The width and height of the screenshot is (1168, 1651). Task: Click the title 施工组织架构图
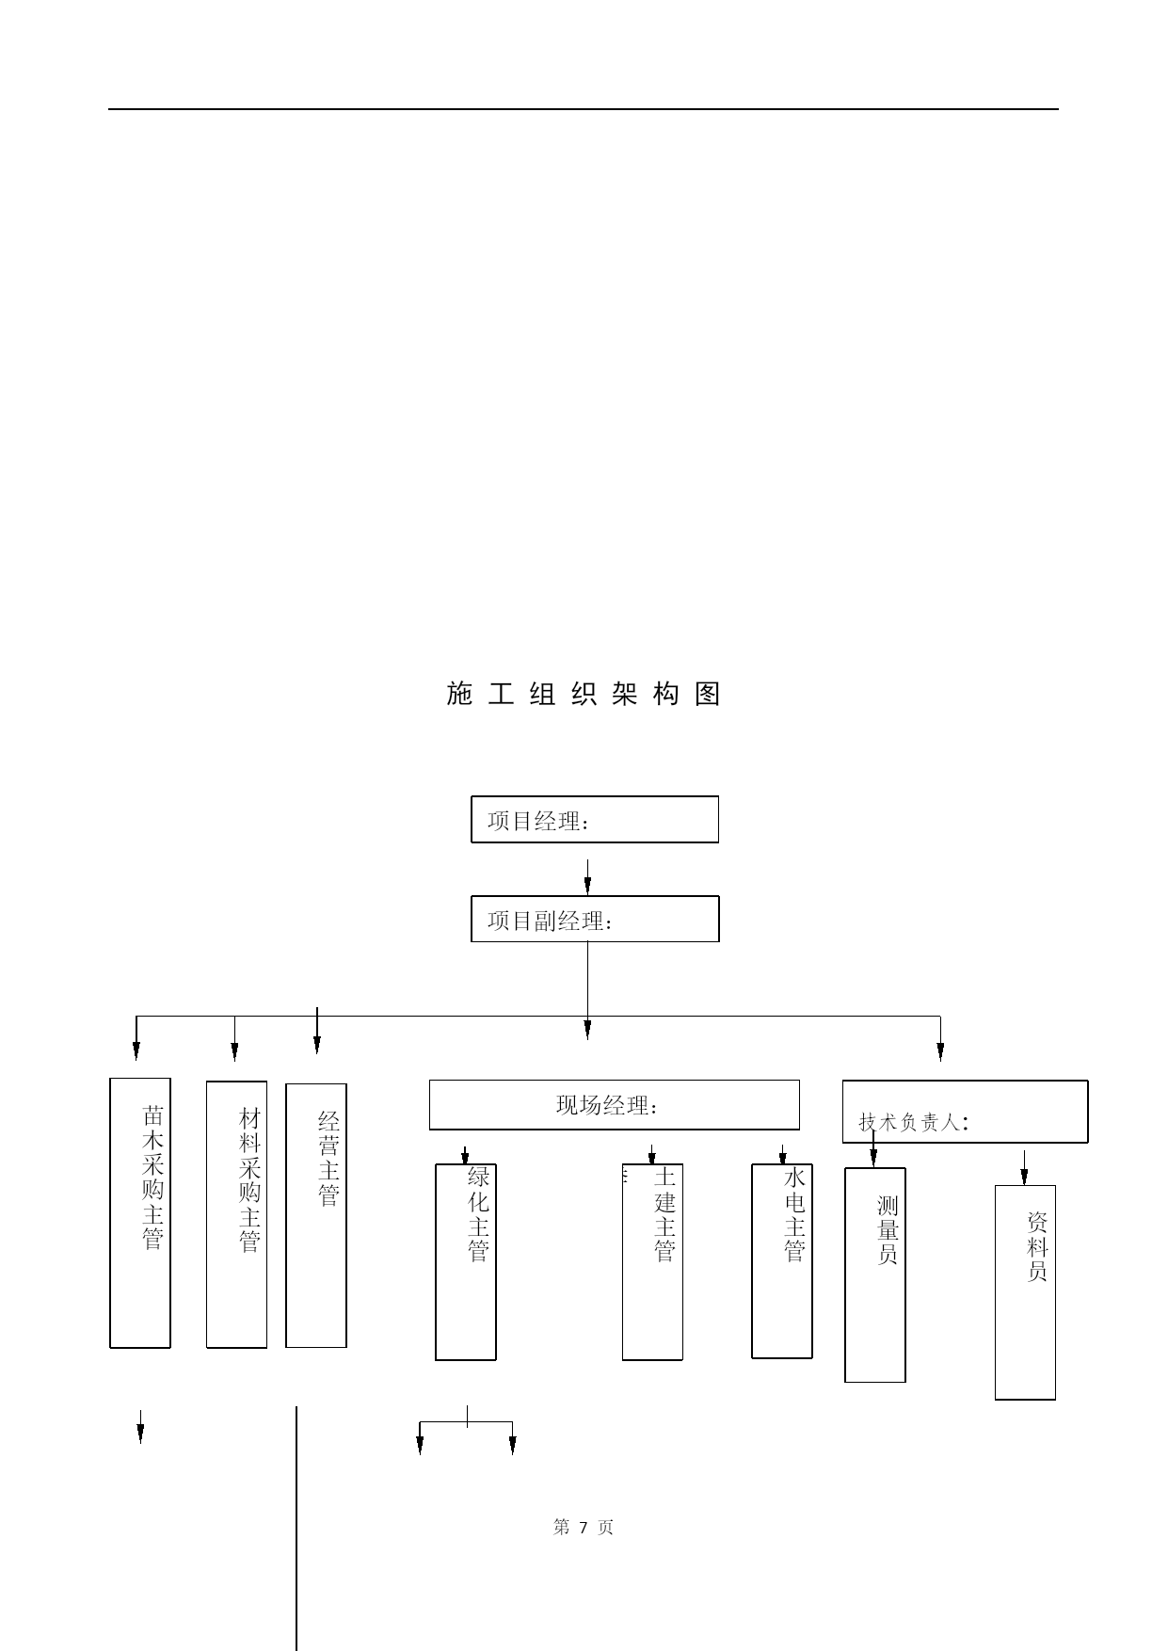click(x=584, y=694)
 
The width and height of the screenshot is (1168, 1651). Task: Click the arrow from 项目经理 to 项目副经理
click(x=587, y=876)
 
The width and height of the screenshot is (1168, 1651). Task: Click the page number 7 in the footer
click(x=584, y=1527)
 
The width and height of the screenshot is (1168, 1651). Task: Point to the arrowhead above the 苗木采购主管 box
click(x=136, y=1051)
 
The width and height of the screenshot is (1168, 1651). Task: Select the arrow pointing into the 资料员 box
click(x=1024, y=1167)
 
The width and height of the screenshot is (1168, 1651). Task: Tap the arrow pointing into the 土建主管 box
click(x=651, y=1155)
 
